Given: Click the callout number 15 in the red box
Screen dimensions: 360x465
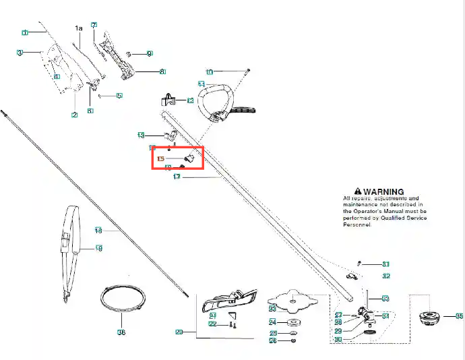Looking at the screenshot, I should pos(160,159).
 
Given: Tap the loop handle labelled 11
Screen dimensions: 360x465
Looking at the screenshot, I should pos(218,98).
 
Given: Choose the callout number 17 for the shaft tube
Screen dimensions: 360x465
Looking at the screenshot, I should pos(177,177).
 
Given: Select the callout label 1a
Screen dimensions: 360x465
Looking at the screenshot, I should pos(78,28).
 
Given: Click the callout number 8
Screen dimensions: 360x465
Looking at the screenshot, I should pos(162,71).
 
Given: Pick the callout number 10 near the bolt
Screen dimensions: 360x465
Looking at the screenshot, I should pos(209,71).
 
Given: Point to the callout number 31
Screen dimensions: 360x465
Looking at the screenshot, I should pos(385,264).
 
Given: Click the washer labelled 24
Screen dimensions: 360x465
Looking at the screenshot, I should pos(294,323).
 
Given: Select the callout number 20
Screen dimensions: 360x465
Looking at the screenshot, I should pos(179,332).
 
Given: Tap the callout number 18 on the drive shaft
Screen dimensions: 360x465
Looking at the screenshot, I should pos(98,231).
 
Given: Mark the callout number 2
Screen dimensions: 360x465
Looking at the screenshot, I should pos(74,115).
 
